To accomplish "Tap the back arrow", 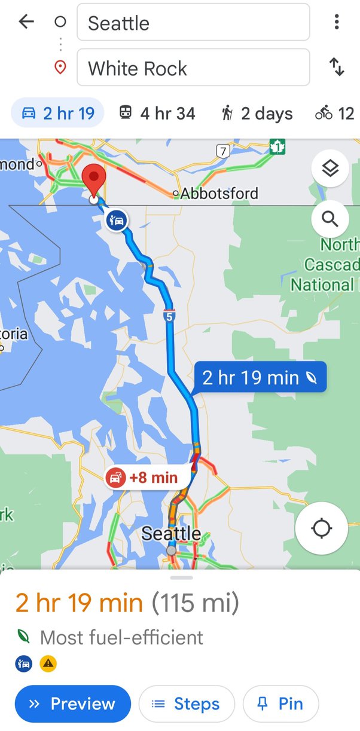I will click(26, 22).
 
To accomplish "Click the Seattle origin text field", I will click(193, 23).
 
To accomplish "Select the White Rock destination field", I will click(193, 68).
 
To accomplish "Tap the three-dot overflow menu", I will click(337, 22).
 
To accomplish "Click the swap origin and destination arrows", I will click(337, 68).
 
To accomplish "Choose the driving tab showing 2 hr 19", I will click(58, 113).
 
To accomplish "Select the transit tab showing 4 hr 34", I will click(157, 113).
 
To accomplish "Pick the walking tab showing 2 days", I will click(257, 113).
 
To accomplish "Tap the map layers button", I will click(330, 169).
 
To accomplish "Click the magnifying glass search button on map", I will click(330, 219).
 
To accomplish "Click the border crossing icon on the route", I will click(117, 221).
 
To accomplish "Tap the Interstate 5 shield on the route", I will click(169, 316).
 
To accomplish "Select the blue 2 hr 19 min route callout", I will click(260, 378).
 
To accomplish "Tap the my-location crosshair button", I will click(322, 528).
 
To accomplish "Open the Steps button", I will click(187, 704).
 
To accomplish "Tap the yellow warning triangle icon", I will click(48, 663).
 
